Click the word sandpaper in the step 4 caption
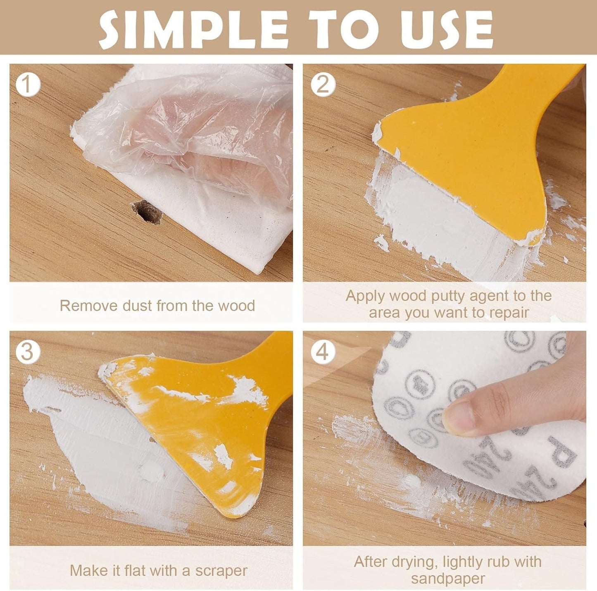(448, 578)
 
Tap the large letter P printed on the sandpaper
(564, 452)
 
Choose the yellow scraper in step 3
(198, 418)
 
